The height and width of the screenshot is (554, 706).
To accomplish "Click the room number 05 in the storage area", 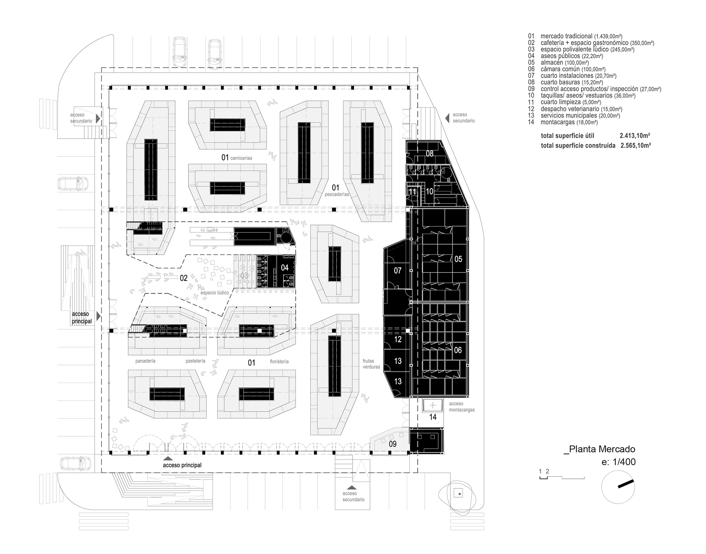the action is click(458, 259).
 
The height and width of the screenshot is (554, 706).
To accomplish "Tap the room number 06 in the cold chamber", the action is click(458, 350).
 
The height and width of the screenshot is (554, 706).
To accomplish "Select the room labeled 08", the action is click(430, 154).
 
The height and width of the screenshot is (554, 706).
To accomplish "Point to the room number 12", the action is click(398, 340).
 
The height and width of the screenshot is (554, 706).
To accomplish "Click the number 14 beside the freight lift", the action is click(433, 417).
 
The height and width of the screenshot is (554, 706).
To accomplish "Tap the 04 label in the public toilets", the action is click(285, 268).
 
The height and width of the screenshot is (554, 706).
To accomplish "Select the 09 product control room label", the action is click(393, 444).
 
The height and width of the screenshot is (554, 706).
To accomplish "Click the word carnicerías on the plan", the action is click(241, 158).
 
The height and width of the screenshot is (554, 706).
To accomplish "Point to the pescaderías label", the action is click(337, 194).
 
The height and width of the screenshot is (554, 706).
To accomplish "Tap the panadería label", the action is click(145, 361).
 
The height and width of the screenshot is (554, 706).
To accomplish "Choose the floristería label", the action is click(279, 361).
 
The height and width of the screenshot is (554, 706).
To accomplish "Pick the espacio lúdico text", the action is click(215, 293).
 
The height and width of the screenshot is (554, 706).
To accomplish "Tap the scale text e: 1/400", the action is click(618, 462).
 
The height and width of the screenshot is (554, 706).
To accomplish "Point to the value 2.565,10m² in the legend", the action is click(636, 145).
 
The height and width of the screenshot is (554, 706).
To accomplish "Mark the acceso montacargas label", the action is click(462, 407).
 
